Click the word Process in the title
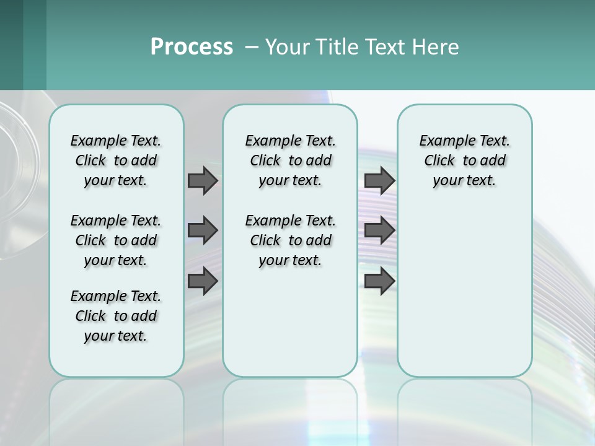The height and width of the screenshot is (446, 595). [x=192, y=46]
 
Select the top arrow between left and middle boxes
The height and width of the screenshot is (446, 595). [x=203, y=180]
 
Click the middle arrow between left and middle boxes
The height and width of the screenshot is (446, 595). [x=203, y=230]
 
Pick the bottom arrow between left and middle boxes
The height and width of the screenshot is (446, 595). [x=203, y=281]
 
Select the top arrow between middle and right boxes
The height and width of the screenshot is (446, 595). [x=379, y=180]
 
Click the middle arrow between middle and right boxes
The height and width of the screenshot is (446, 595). [x=379, y=230]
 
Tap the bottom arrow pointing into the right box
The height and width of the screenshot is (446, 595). [x=379, y=281]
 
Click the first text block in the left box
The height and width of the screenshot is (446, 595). [x=116, y=160]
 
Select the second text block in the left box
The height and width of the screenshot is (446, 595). [x=116, y=240]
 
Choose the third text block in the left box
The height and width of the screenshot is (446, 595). [x=116, y=316]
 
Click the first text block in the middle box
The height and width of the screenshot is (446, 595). [x=291, y=160]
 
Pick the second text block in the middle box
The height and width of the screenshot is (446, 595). [x=291, y=240]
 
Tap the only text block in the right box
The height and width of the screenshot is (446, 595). [x=465, y=160]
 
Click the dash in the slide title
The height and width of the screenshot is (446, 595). [x=252, y=48]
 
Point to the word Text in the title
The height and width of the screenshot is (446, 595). [x=382, y=46]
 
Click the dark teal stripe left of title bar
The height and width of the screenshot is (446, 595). [x=35, y=45]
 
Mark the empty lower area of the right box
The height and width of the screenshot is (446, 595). [x=465, y=291]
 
